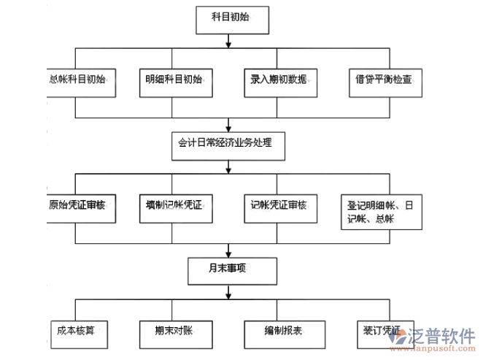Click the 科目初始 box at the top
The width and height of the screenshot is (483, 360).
coord(229,19)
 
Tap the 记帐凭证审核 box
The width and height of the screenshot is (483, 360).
coord(279,207)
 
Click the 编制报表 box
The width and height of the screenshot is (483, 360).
coord(279,333)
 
